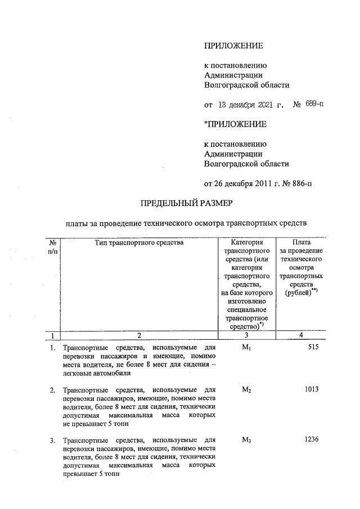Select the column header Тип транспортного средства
coord(138,243)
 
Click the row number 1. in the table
coord(52,348)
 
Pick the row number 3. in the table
coord(52,440)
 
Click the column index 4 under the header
coord(300,336)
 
